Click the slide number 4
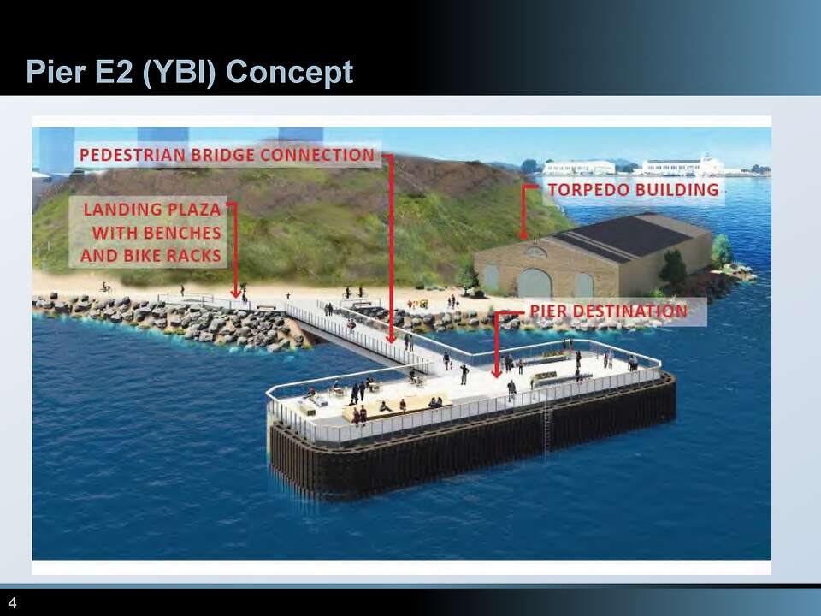(13, 601)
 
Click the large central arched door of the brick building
(535, 283)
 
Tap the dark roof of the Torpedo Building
(633, 234)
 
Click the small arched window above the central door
(535, 252)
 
